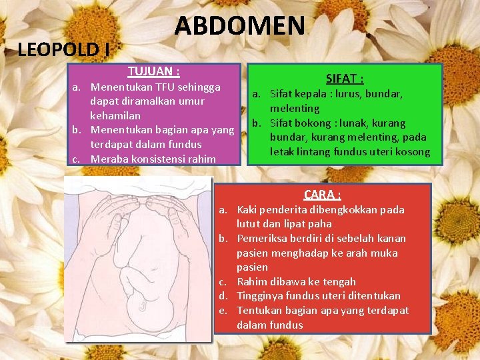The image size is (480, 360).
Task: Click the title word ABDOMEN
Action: tap(239, 26)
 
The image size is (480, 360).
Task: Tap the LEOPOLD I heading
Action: tap(64, 49)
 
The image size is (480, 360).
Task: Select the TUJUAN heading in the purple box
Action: tap(154, 71)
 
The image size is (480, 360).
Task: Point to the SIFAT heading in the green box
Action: tap(345, 79)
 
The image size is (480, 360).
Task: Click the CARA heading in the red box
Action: tap(323, 195)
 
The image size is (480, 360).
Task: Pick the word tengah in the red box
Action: tap(341, 281)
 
